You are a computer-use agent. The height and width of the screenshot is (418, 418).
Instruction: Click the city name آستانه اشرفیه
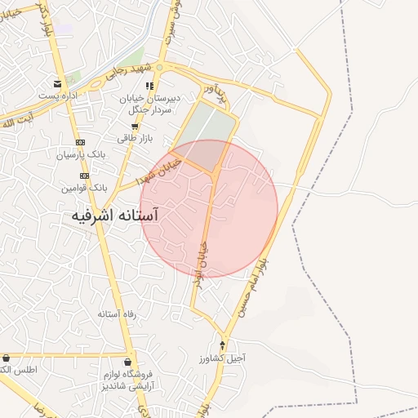(114, 216)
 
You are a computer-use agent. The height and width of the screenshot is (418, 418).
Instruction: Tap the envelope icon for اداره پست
(58, 83)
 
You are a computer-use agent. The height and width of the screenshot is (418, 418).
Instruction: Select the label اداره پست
(57, 96)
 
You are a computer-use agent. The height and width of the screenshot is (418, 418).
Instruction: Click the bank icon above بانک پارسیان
(80, 142)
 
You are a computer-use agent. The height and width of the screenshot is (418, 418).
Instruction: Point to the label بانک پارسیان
(82, 154)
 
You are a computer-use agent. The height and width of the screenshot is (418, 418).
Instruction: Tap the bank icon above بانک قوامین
(84, 176)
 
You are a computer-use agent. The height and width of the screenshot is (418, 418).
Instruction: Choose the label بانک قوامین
(83, 188)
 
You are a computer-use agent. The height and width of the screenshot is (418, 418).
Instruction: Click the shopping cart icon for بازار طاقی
(134, 127)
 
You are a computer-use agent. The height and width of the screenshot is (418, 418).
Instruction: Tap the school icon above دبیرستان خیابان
(149, 85)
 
